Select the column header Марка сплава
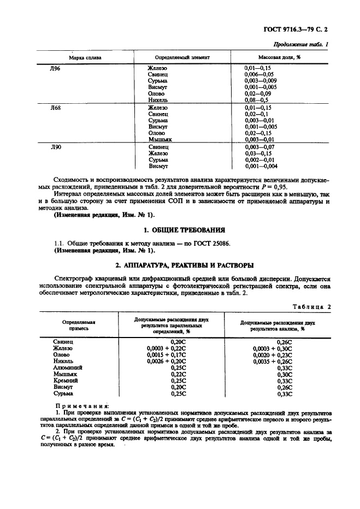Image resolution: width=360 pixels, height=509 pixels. pos(85,57)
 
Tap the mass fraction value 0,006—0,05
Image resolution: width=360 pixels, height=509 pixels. pos(259,74)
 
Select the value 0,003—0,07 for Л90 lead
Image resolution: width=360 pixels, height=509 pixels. pos(261,148)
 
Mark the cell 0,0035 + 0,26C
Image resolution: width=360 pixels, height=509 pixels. pos(273,361)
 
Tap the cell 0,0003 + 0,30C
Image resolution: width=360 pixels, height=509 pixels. pos(273,348)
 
